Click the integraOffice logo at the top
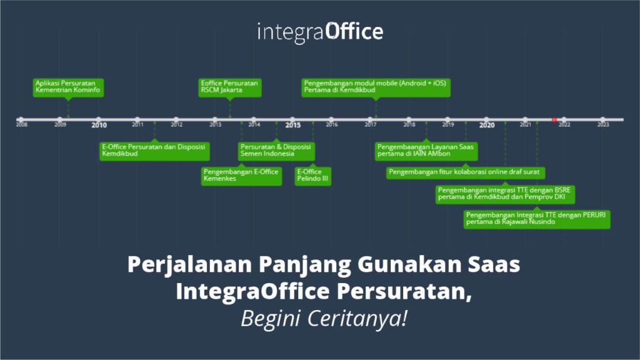320,31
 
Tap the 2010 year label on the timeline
99,125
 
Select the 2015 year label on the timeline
292,125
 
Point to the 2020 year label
487,125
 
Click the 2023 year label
602,125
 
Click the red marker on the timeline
554,119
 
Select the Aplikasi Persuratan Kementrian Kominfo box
68,86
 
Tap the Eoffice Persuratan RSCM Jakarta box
230,86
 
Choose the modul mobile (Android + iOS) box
376,86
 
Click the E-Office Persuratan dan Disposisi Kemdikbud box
154,151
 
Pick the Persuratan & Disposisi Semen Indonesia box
276,151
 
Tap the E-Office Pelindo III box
313,176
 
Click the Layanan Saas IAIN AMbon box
426,151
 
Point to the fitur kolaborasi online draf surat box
466,172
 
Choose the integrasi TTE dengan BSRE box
505,194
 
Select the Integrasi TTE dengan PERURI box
537,219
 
